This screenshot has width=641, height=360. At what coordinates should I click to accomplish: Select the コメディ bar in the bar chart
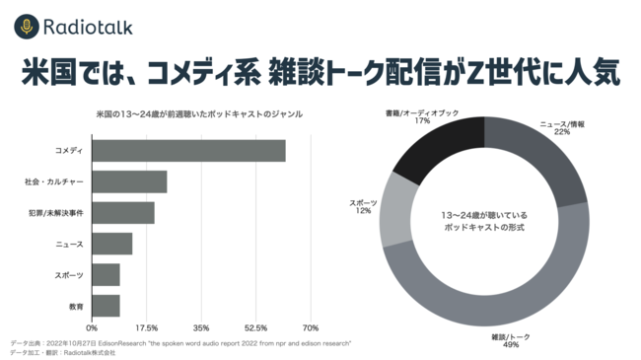point(188,151)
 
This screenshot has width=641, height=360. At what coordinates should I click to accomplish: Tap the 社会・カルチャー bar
point(129,181)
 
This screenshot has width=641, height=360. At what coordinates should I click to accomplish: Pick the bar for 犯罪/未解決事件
point(123,212)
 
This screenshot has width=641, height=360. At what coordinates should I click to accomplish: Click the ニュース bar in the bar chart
point(112,244)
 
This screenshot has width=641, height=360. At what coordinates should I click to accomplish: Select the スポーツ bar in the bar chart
point(107,274)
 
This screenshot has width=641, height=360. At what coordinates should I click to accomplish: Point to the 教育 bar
point(107,306)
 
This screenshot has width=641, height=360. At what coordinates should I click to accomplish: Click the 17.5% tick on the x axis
point(146,327)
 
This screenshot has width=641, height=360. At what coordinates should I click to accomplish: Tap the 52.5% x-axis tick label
point(255,327)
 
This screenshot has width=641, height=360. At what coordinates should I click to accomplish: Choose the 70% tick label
point(310,327)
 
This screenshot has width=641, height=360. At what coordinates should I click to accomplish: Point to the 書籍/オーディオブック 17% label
point(422,117)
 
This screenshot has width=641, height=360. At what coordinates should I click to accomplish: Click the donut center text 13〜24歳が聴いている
point(483,213)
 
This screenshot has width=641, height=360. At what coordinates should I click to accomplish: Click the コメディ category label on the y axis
point(69,151)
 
